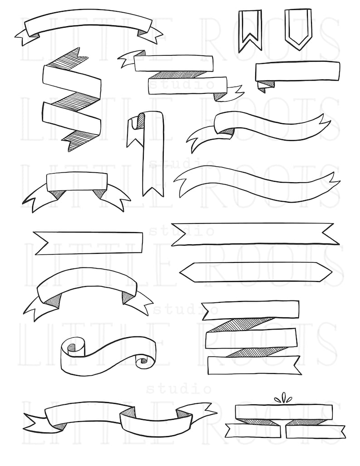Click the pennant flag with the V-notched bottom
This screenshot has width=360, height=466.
click(250, 25)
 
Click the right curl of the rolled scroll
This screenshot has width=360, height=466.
click(144, 360)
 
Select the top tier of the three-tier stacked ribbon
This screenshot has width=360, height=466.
click(251, 309)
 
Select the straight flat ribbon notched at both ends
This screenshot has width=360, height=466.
click(254, 234)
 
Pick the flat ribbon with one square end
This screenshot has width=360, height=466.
click(88, 243)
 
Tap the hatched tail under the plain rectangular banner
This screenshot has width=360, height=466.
click(268, 83)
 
